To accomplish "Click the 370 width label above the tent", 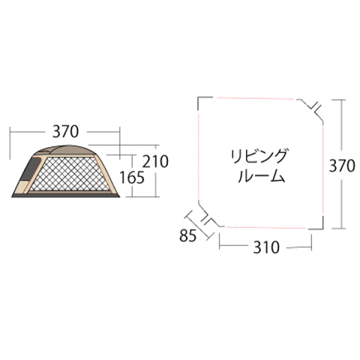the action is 65,131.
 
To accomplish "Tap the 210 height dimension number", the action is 155,161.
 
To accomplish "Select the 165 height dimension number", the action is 132,177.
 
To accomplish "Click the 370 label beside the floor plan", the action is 342,166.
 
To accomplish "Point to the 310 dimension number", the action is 266,247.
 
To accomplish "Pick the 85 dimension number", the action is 188,235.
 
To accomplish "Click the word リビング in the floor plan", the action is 259,156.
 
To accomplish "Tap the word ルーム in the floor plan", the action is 261,176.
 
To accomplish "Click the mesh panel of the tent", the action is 69,174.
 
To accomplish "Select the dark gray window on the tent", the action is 30,169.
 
